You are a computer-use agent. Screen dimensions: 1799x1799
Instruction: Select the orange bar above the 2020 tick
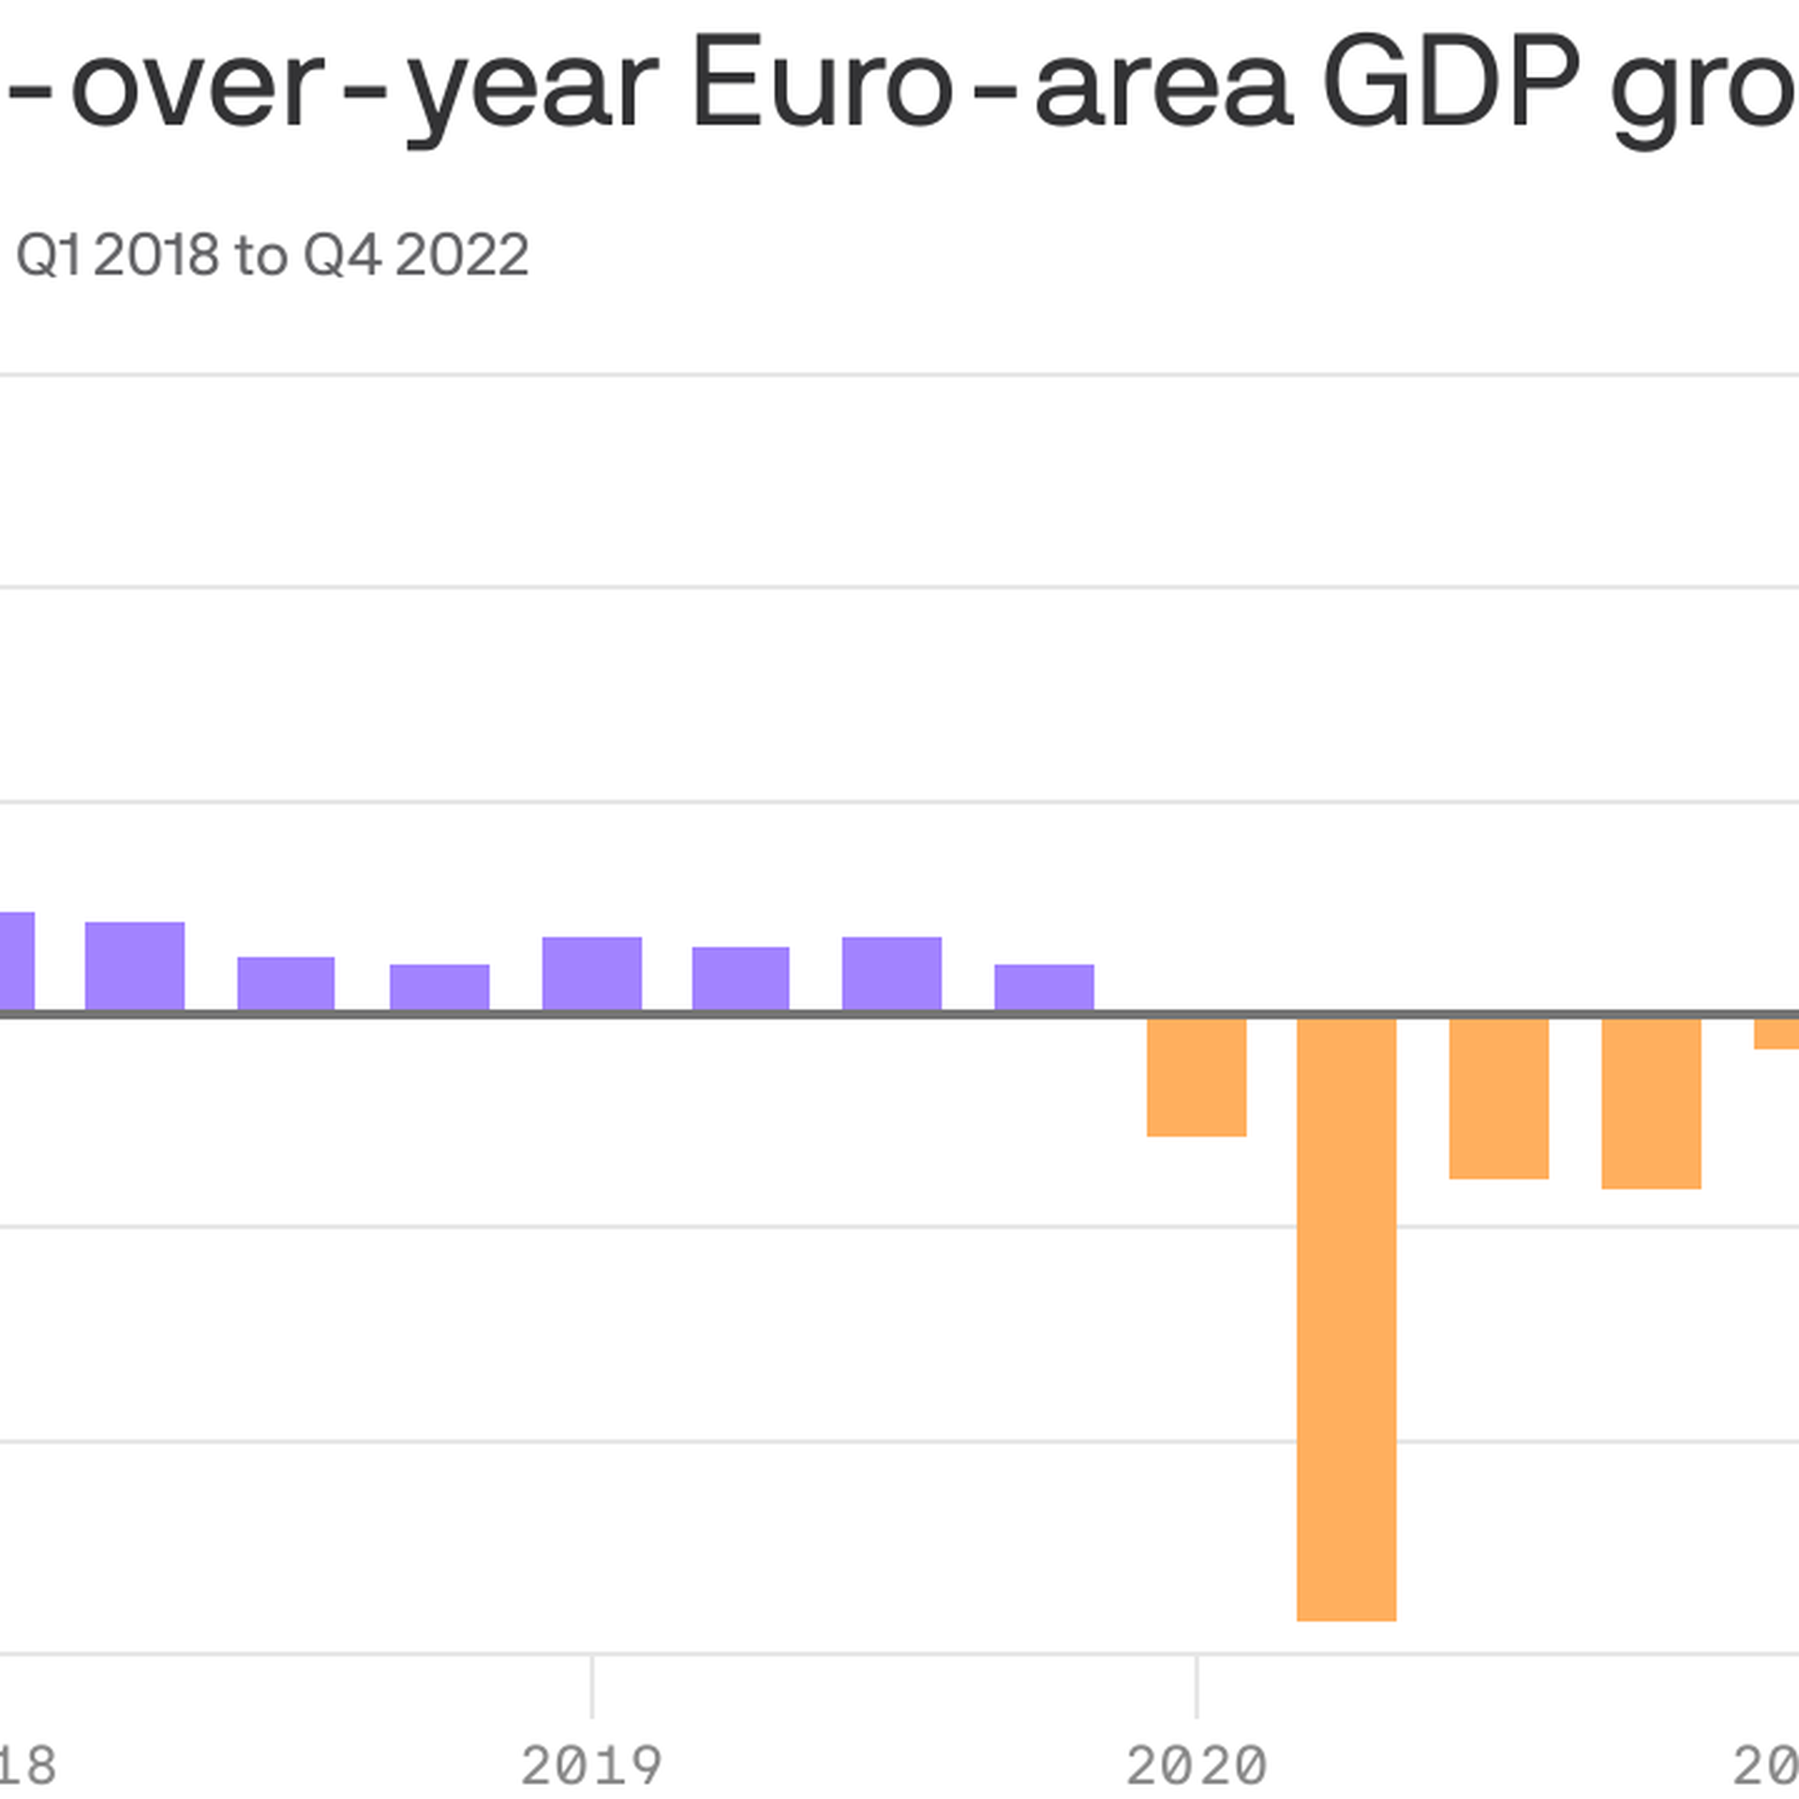coord(1197,1077)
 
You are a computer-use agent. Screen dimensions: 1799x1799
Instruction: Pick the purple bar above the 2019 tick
coord(592,974)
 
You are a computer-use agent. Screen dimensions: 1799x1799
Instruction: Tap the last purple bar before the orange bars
coord(1044,988)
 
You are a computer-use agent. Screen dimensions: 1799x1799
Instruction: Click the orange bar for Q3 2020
coord(1498,1097)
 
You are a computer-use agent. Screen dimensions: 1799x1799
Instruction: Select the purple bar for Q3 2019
coord(891,974)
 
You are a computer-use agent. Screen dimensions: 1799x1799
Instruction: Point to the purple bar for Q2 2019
coord(740,979)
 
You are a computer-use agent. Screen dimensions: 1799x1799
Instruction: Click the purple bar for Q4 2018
coord(439,988)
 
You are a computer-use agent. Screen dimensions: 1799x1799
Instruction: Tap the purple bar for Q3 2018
coord(286,984)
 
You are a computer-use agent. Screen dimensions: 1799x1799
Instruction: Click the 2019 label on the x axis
coord(592,1766)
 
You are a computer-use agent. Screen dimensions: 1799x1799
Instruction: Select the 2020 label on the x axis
coord(1197,1766)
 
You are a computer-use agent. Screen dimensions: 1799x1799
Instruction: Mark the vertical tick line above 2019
coord(592,1687)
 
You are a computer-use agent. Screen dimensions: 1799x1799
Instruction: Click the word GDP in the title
coord(1451,84)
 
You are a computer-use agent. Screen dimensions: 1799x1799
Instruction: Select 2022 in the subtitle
coord(462,255)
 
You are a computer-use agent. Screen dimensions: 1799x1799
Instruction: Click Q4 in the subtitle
coord(343,255)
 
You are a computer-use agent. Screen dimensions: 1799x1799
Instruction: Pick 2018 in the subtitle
coord(156,255)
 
